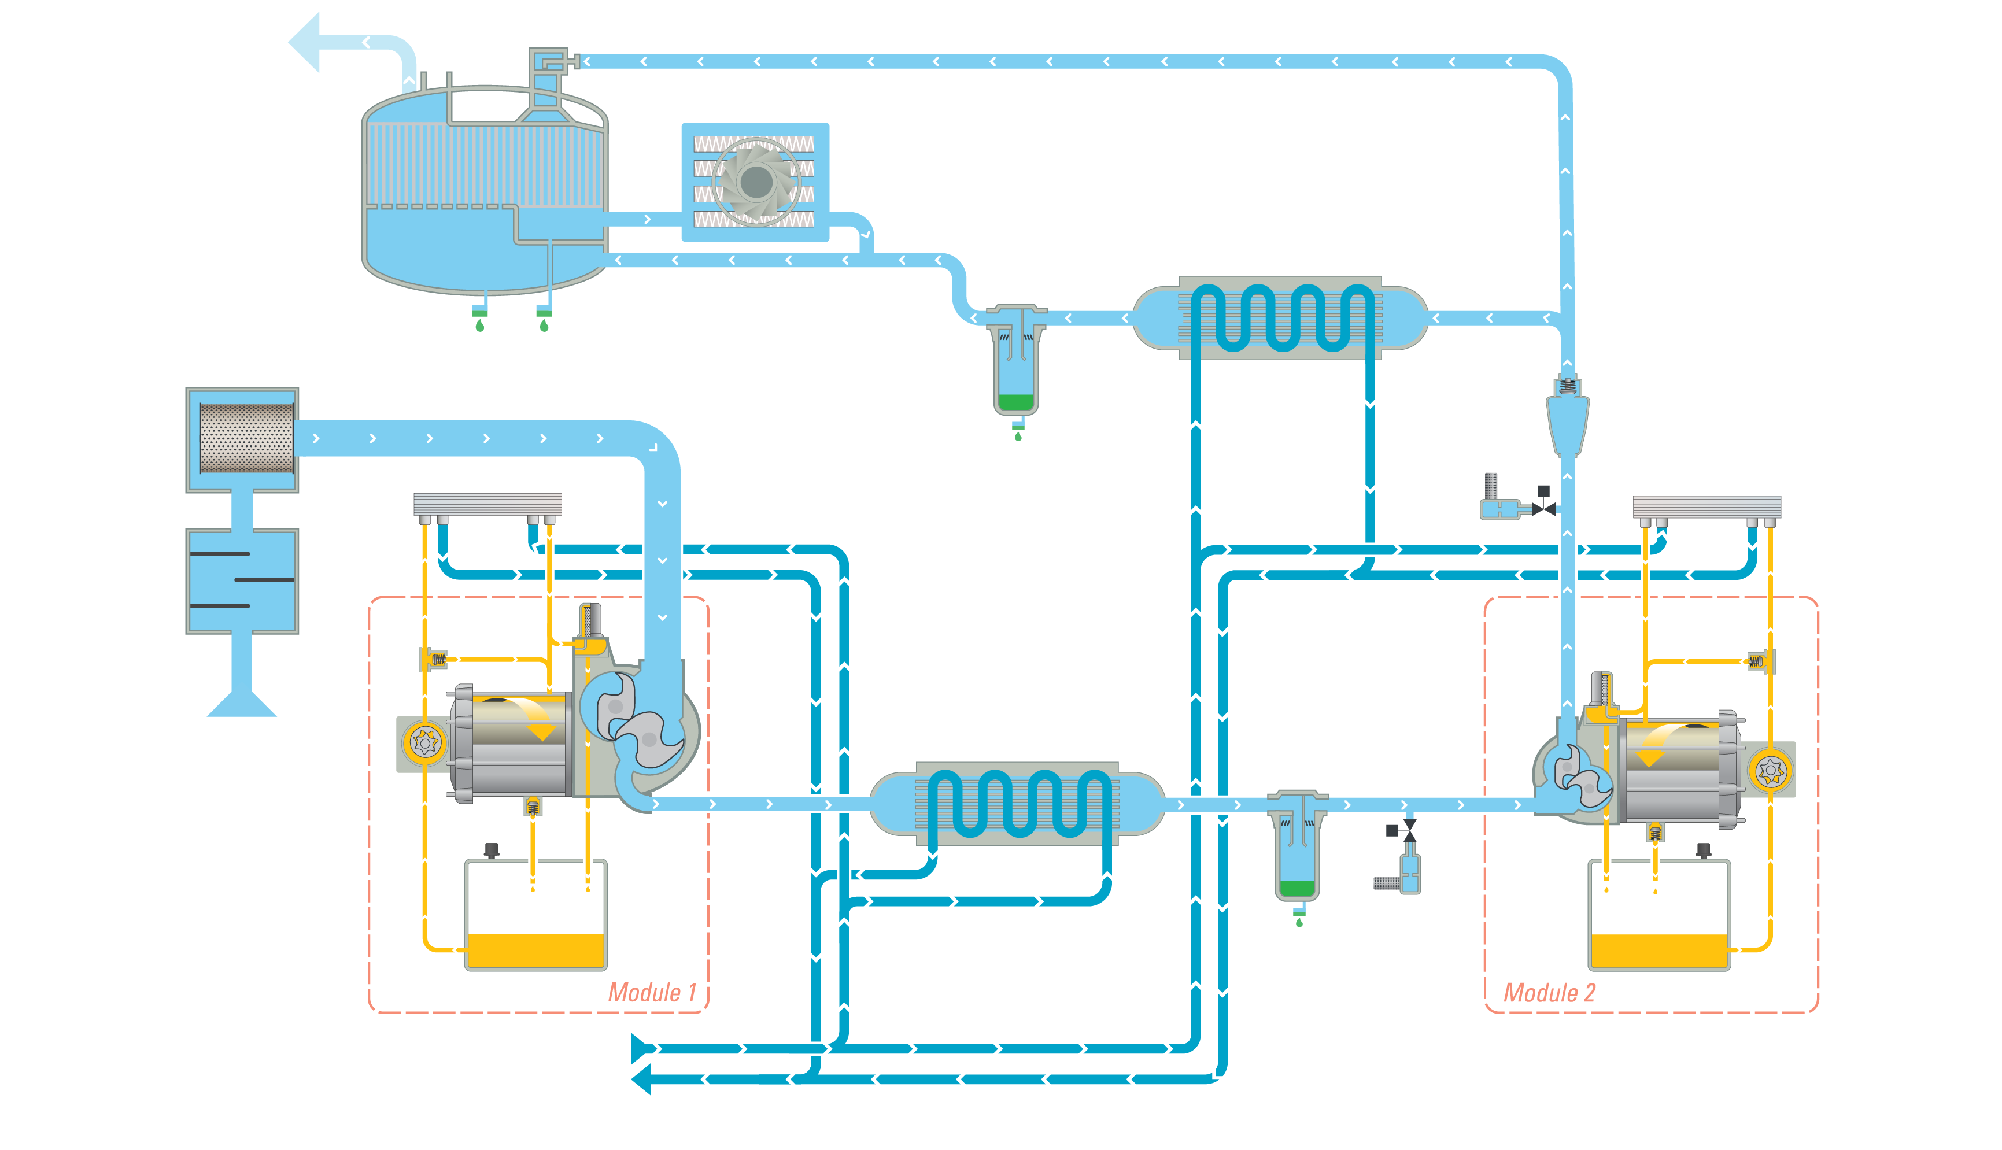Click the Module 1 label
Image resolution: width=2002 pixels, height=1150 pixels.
tap(652, 992)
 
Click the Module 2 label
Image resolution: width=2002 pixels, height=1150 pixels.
tap(1549, 993)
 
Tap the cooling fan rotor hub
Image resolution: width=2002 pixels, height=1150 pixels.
tap(756, 183)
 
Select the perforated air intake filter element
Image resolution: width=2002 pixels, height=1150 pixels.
tap(246, 438)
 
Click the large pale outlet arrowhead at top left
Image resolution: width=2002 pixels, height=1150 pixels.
tap(306, 42)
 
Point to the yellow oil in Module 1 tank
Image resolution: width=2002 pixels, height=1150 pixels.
tap(535, 951)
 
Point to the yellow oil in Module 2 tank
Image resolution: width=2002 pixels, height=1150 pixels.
tap(1659, 951)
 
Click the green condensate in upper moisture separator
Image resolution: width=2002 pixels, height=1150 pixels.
tap(1015, 402)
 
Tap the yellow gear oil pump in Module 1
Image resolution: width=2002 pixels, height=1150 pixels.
tap(425, 743)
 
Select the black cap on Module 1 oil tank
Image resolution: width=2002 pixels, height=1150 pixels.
tap(491, 850)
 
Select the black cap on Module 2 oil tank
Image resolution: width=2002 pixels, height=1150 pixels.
tap(1704, 851)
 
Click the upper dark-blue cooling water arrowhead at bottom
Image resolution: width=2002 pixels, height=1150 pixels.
tap(641, 1049)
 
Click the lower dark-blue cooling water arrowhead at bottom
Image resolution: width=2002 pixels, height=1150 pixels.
tap(641, 1079)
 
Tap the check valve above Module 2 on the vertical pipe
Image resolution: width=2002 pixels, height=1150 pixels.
tap(1568, 415)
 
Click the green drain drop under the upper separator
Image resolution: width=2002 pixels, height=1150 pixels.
tap(1018, 437)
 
